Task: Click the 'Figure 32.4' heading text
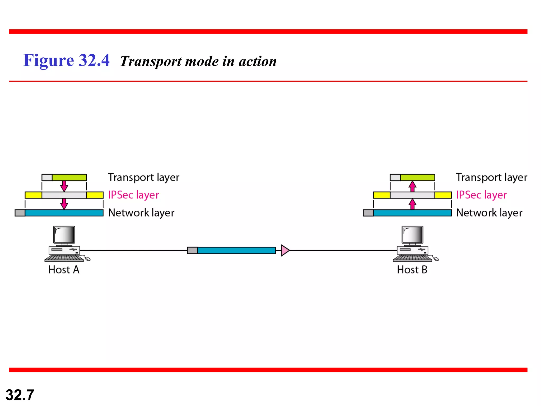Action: [66, 60]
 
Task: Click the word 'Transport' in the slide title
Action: [151, 62]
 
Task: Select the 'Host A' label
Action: [64, 270]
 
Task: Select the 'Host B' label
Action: [412, 270]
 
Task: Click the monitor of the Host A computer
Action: [64, 235]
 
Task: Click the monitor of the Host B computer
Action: [412, 235]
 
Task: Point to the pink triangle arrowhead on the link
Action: [285, 250]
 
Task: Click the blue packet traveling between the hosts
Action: [236, 250]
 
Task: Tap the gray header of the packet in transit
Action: [192, 250]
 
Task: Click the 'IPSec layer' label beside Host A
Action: [134, 195]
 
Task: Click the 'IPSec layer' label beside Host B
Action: [481, 195]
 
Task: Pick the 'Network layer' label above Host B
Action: [489, 213]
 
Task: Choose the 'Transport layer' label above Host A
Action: [143, 177]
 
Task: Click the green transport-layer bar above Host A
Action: [69, 177]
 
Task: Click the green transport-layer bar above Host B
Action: [417, 177]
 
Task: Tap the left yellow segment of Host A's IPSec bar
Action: [33, 195]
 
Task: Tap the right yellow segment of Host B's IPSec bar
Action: [443, 195]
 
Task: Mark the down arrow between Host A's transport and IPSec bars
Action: [64, 186]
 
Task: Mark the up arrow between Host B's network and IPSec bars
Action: [412, 204]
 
